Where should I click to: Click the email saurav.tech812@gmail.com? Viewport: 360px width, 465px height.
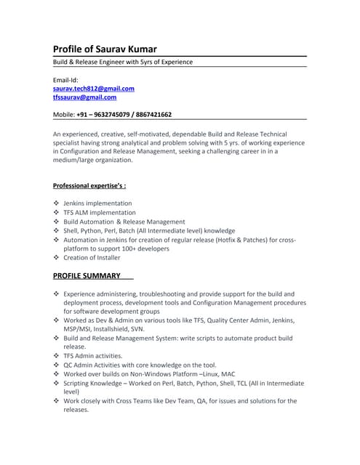click(94, 88)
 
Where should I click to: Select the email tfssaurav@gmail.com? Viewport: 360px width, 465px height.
click(84, 97)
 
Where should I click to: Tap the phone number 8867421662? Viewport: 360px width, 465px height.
click(152, 115)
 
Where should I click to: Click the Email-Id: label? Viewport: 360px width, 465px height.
click(65, 79)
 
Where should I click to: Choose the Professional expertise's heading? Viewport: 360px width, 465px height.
click(95, 185)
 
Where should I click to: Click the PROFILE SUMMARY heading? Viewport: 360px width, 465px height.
click(87, 275)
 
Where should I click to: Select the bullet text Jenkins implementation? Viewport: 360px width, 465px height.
click(97, 203)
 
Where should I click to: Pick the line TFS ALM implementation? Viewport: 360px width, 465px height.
click(100, 212)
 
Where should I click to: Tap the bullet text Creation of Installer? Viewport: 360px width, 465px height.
click(92, 257)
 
